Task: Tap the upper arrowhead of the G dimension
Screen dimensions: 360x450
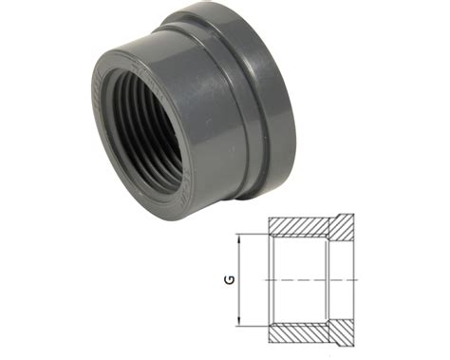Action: [241, 238]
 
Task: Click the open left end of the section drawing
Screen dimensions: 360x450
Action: [270, 281]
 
